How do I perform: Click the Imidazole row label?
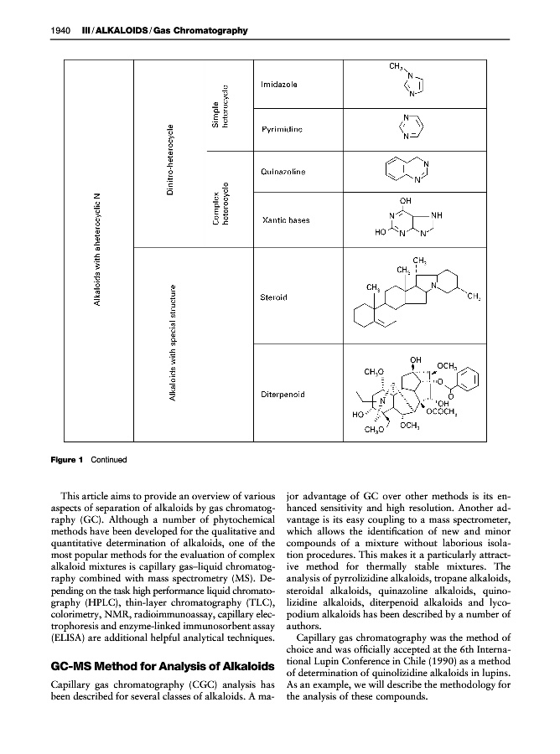[x=277, y=85]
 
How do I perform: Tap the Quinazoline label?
[x=283, y=172]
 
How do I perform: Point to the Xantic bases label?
[x=286, y=220]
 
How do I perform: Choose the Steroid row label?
[x=274, y=297]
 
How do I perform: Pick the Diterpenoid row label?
[x=282, y=393]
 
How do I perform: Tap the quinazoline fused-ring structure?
[x=409, y=170]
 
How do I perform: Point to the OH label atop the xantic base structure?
[x=406, y=200]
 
